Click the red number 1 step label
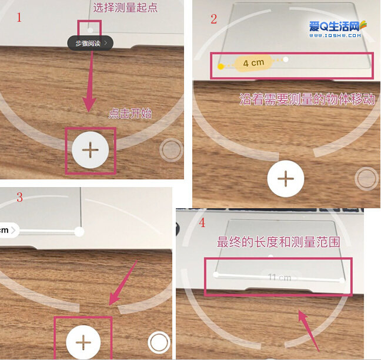[x=19, y=17]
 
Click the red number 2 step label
[x=213, y=19]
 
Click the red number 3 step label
[x=19, y=197]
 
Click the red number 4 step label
[x=203, y=224]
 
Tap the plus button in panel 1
[x=90, y=150]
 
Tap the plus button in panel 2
[x=285, y=178]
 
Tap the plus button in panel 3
[x=83, y=341]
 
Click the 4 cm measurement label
[x=253, y=62]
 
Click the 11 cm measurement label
[x=280, y=278]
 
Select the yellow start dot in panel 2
[x=220, y=66]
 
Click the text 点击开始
[x=130, y=114]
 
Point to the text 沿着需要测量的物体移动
[x=307, y=98]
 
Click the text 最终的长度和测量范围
[x=279, y=242]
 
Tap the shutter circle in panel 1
[x=171, y=151]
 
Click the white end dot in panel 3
[x=79, y=232]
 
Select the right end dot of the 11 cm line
[x=342, y=281]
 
